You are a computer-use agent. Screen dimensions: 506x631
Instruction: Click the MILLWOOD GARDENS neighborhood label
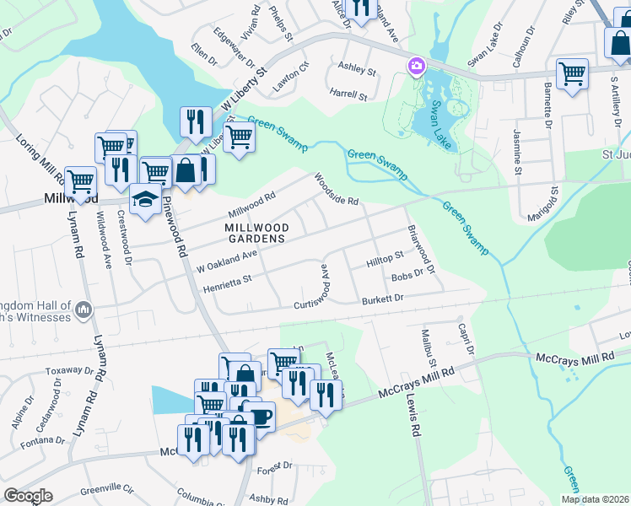pos(257,234)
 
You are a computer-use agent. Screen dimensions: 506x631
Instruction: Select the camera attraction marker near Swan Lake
pos(417,66)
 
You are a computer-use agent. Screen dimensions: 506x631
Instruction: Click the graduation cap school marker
pos(146,200)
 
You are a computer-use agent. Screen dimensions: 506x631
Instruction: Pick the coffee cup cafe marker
pos(260,417)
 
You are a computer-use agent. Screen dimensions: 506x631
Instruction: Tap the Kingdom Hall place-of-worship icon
pos(83,310)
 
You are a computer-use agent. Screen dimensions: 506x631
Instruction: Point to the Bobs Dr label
pos(407,277)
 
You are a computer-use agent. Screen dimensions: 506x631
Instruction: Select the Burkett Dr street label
pos(383,299)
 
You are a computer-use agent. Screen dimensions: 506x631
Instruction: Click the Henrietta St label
pos(228,283)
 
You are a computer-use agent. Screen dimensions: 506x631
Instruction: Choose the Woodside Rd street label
pos(337,190)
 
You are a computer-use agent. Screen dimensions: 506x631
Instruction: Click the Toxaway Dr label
pos(68,369)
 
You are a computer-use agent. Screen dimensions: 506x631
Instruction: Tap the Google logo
pos(28,496)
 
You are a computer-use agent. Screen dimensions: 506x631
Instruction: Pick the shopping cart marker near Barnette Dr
pos(572,74)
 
